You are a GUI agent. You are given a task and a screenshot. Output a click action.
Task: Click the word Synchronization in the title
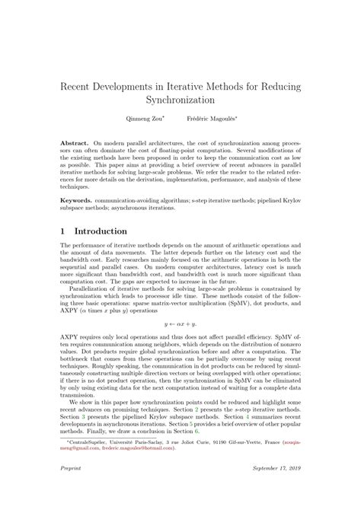click(180, 99)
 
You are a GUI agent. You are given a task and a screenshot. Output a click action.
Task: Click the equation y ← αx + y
click(180, 324)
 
